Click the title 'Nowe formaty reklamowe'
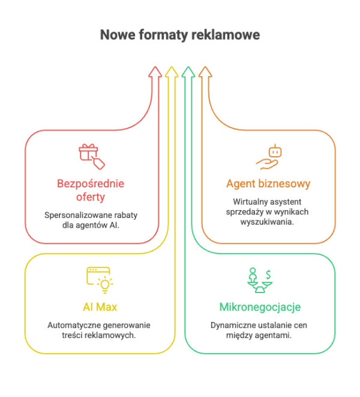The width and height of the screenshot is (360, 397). pyautogui.click(x=180, y=35)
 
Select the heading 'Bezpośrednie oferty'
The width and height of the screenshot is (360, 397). pyautogui.click(x=91, y=190)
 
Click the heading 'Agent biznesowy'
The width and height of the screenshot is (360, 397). pyautogui.click(x=268, y=183)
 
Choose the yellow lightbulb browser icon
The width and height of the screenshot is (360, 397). pyautogui.click(x=100, y=278)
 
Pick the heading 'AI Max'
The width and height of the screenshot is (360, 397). pyautogui.click(x=100, y=308)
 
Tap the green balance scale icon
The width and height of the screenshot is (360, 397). pyautogui.click(x=260, y=279)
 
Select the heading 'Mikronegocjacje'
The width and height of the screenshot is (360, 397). pyautogui.click(x=260, y=308)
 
